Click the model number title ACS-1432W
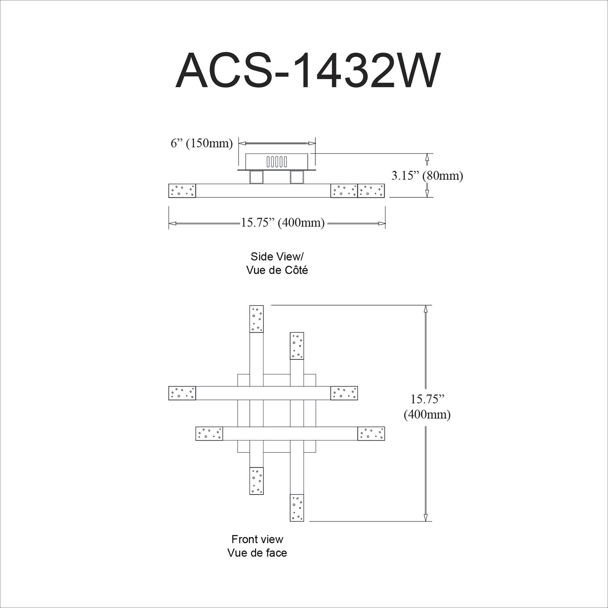click(307, 70)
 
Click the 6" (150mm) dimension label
click(201, 143)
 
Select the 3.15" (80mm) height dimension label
click(427, 176)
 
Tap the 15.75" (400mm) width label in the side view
click(283, 223)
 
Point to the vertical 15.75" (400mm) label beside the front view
click(427, 407)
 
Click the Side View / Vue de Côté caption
click(277, 263)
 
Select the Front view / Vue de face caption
click(257, 546)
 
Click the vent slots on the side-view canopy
click(277, 161)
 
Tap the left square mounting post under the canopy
click(257, 178)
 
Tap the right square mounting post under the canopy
click(297, 178)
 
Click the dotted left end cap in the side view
click(182, 191)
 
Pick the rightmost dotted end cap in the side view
click(371, 191)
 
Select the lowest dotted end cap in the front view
click(297, 507)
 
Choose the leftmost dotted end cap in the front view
click(182, 393)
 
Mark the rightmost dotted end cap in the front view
click(371, 434)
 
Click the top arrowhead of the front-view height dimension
click(425, 309)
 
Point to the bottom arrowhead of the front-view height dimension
click(425, 517)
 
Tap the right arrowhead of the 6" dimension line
click(312, 143)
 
